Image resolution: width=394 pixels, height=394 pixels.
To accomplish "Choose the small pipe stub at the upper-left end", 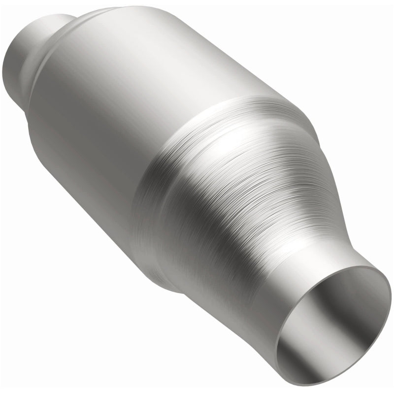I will pyautogui.click(x=25, y=54).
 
